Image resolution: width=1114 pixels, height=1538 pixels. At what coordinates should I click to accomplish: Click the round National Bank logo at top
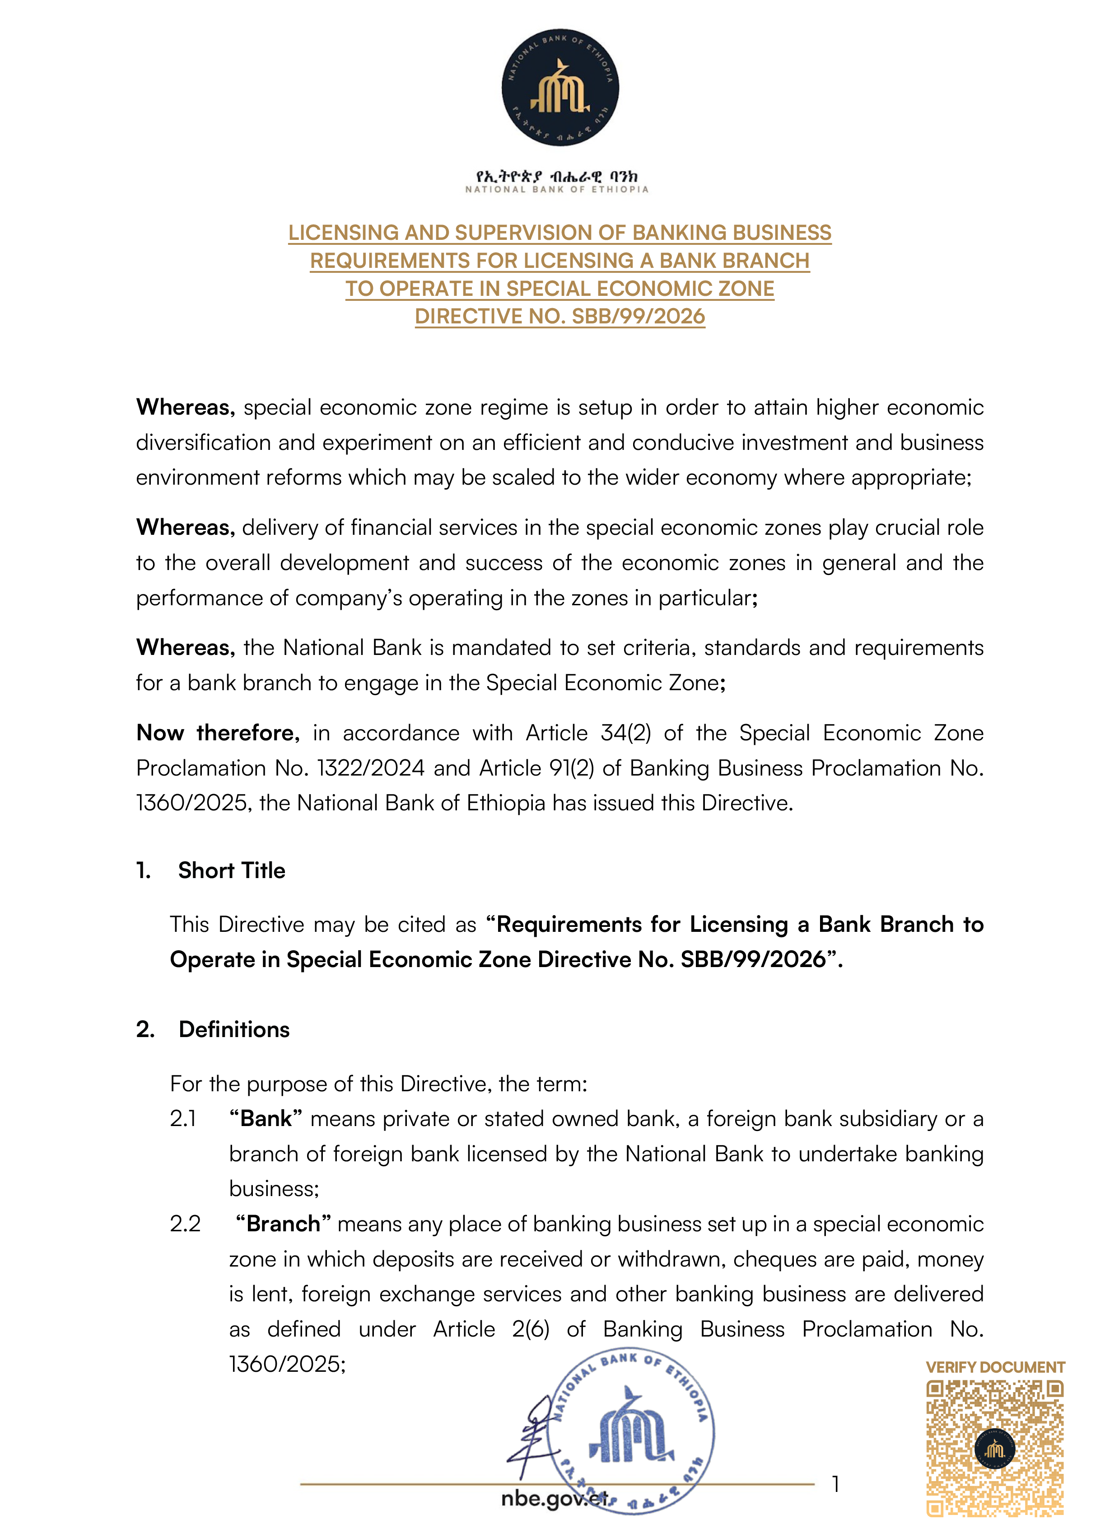[559, 88]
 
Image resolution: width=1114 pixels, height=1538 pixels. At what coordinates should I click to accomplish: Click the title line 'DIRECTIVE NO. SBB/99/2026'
[559, 317]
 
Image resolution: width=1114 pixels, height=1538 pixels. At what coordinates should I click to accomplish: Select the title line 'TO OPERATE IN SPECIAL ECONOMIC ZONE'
[559, 289]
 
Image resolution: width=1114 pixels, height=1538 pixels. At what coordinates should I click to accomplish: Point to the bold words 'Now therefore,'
[218, 733]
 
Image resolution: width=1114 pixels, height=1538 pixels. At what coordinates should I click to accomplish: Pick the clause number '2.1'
[183, 1119]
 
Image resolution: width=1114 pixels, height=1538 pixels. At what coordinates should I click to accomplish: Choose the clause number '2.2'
[185, 1224]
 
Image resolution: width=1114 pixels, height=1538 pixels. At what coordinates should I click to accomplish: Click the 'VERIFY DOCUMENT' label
[995, 1368]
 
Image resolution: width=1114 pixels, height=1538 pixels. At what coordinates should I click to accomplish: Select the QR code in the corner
[995, 1448]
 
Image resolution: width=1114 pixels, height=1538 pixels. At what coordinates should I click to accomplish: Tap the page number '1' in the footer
[836, 1484]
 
